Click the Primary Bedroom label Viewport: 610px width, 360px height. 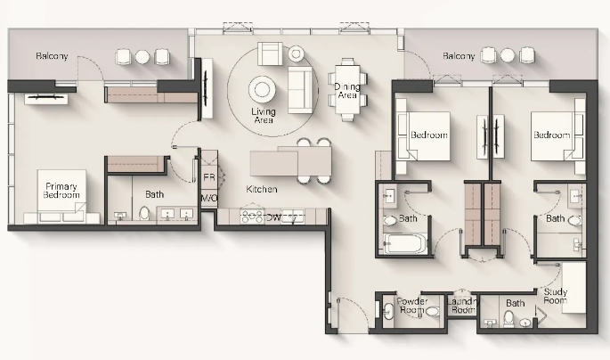point(61,191)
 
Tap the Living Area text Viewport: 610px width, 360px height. point(264,116)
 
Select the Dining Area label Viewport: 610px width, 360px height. point(347,91)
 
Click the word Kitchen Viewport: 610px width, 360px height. point(262,189)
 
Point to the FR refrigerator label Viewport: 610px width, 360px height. point(209,177)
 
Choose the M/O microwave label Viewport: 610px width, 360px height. point(209,198)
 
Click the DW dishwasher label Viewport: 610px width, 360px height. point(273,218)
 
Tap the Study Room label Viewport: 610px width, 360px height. point(555,296)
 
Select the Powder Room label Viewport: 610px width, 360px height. point(411,306)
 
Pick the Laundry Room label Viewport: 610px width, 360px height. point(462,306)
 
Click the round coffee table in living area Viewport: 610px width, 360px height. point(262,90)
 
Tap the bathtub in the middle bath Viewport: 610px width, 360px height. point(403,243)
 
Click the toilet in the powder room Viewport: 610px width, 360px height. point(433,311)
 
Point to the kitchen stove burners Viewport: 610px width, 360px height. point(253,217)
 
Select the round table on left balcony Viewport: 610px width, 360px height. point(142,57)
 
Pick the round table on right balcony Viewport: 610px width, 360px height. point(508,55)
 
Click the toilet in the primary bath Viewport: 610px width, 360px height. point(144,213)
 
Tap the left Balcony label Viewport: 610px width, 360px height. point(52,56)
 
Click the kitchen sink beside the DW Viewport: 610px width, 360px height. point(293,217)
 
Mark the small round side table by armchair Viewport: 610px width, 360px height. point(296,53)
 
